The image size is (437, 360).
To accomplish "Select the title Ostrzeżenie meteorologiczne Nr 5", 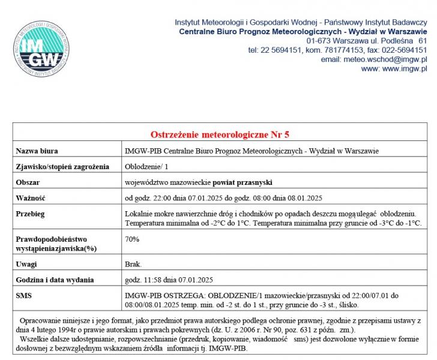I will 220,134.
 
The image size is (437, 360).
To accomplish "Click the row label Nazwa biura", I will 37,151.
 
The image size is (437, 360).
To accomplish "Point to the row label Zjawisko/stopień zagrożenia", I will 62,166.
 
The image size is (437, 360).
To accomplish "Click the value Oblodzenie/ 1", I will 146,166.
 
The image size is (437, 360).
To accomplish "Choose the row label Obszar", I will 28,182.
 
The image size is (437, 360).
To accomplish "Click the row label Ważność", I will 31,197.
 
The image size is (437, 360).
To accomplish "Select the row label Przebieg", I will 31,214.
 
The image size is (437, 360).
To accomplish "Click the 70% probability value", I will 132,239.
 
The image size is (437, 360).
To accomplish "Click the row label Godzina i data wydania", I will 55,280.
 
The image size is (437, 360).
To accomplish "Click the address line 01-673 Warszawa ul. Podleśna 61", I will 367,40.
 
